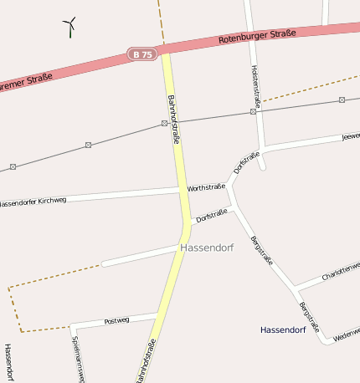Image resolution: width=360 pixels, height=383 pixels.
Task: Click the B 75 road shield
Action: pyautogui.click(x=143, y=54)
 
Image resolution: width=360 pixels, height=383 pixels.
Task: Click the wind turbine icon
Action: pyautogui.click(x=70, y=28)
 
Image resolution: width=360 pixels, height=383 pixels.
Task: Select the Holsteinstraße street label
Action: pyautogui.click(x=255, y=85)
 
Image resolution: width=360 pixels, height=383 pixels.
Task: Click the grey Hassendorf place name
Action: pyautogui.click(x=206, y=248)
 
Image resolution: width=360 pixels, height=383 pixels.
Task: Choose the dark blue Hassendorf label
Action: pyautogui.click(x=282, y=329)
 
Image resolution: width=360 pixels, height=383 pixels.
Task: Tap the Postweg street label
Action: pyautogui.click(x=116, y=320)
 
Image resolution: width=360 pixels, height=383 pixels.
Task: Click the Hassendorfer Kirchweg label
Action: pyautogui.click(x=33, y=202)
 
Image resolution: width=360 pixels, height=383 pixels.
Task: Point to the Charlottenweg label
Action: pyautogui.click(x=340, y=272)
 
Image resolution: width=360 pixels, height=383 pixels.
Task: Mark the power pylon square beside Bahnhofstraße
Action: pyautogui.click(x=164, y=124)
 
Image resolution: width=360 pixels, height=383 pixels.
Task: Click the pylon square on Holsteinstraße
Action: pyautogui.click(x=253, y=111)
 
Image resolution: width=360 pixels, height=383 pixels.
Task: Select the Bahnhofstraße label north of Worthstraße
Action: pyautogui.click(x=174, y=120)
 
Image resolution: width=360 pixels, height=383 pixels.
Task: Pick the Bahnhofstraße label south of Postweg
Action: pyautogui.click(x=146, y=361)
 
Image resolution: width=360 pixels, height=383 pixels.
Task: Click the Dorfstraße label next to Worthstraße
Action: pyautogui.click(x=212, y=217)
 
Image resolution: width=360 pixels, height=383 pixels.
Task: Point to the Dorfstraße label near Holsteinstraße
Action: pyautogui.click(x=247, y=162)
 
